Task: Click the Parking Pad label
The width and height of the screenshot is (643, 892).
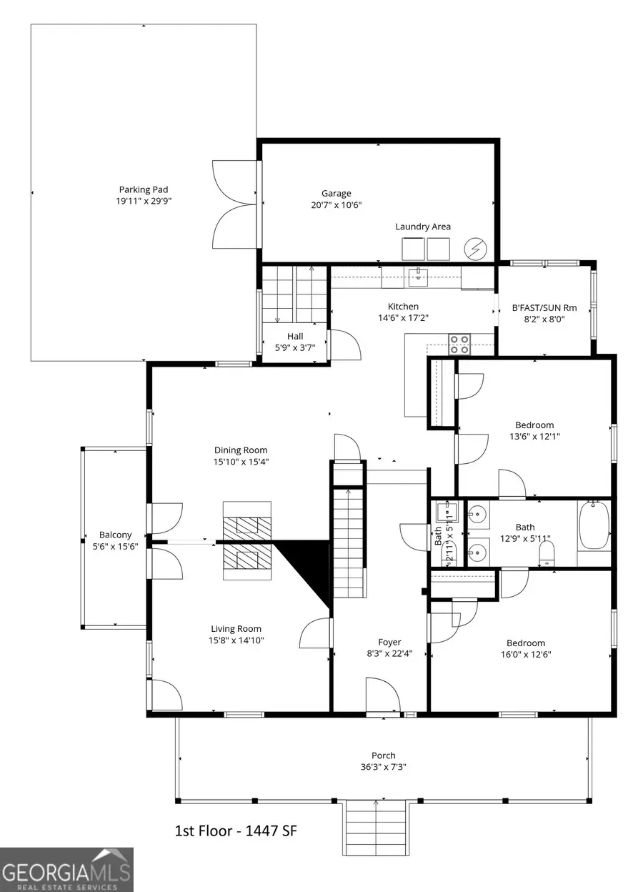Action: pos(144,189)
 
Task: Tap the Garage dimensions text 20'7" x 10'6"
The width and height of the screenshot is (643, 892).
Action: pos(337,205)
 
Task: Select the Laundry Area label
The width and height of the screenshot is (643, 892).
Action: pos(423,227)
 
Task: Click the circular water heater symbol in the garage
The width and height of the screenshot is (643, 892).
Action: pos(474,249)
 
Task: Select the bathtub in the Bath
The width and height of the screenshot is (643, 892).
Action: pos(594,525)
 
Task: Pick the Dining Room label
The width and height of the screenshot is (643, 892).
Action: pos(241,450)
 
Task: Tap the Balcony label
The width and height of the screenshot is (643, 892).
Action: pos(115,535)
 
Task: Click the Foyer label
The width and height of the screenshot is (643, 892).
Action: pos(389,642)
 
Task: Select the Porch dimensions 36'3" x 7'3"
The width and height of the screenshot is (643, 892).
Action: pos(383,768)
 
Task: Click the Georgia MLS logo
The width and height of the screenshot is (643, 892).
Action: pos(66,869)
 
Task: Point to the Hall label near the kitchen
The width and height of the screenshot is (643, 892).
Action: pos(295,337)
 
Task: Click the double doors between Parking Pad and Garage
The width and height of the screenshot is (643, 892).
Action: pos(234,204)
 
